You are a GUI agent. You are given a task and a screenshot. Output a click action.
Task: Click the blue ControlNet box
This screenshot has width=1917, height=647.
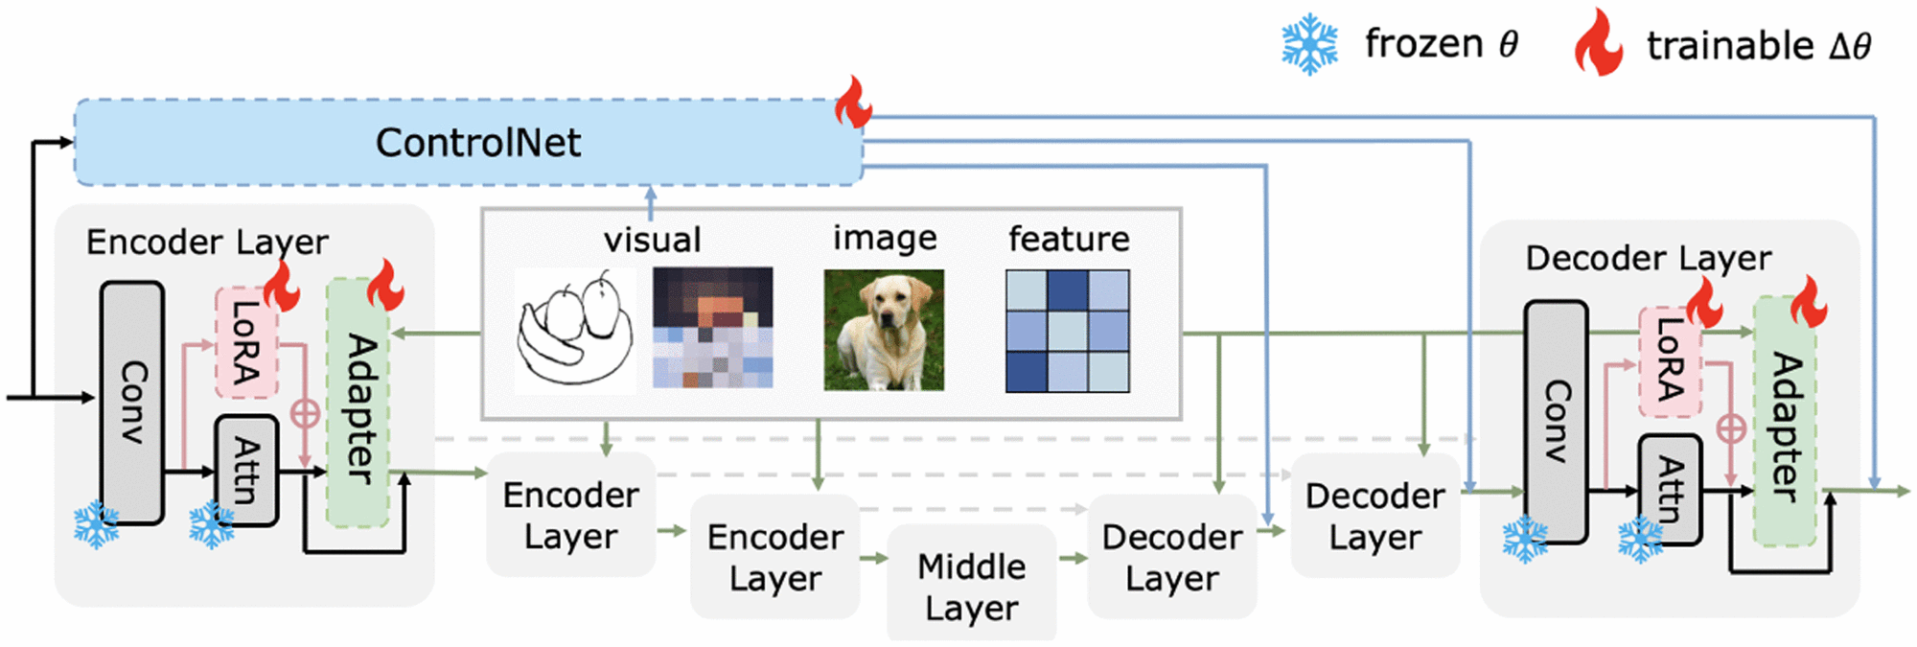[x=469, y=142]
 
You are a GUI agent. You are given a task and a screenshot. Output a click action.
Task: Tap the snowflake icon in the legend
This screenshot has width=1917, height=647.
[x=1309, y=44]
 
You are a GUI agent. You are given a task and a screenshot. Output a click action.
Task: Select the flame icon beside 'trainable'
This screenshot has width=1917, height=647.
[x=1599, y=43]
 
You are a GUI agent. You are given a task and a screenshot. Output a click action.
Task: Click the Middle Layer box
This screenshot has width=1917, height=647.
[x=971, y=586]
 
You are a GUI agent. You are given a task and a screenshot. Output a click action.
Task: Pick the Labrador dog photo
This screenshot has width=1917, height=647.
[x=884, y=330]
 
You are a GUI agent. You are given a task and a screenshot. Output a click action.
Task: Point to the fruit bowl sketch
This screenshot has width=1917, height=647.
[x=575, y=331]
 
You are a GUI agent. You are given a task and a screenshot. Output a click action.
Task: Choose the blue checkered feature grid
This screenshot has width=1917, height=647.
[x=1067, y=331]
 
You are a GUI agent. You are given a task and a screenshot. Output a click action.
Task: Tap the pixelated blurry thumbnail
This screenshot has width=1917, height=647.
[x=712, y=328]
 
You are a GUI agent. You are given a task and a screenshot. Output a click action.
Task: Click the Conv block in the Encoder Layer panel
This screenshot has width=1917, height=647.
[x=132, y=403]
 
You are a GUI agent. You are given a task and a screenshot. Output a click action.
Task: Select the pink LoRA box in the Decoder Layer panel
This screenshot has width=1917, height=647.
[x=1670, y=361]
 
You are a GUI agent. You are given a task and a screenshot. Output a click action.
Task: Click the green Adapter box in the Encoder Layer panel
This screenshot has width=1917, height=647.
[x=358, y=403]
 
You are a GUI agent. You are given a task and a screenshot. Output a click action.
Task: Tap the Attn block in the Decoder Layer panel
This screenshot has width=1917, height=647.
[x=1670, y=489]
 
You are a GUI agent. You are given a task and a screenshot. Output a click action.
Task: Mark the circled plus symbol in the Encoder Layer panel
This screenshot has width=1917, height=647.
[x=305, y=414]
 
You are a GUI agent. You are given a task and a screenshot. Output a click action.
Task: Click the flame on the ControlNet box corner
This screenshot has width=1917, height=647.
[x=852, y=103]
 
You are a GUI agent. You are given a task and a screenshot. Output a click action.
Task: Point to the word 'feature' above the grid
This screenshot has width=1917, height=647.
[x=1069, y=239]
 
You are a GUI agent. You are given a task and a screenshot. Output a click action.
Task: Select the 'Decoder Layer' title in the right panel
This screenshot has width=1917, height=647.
[x=1648, y=258]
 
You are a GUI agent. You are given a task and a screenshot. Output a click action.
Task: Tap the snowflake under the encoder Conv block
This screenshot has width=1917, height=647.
[x=97, y=524]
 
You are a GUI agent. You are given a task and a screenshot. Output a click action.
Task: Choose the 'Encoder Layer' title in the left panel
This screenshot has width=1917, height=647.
[x=207, y=242]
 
